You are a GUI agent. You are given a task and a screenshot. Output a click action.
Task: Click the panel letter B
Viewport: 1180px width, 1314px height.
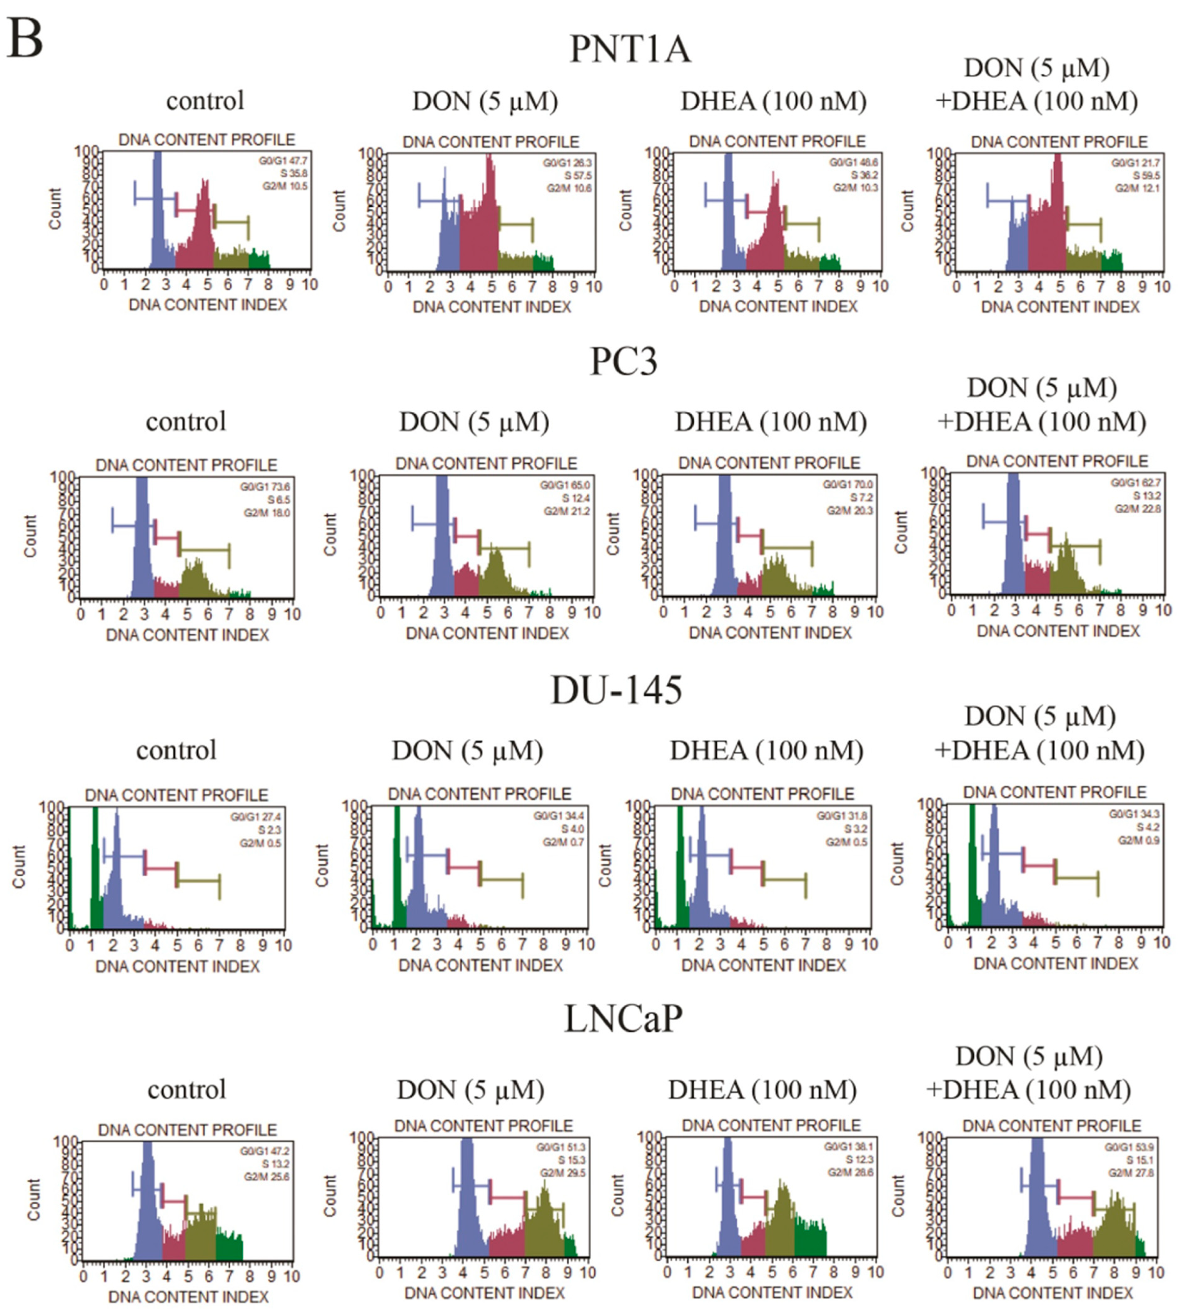point(25,39)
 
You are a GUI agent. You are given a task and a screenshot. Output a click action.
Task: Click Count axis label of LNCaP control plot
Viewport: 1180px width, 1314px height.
point(34,1199)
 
